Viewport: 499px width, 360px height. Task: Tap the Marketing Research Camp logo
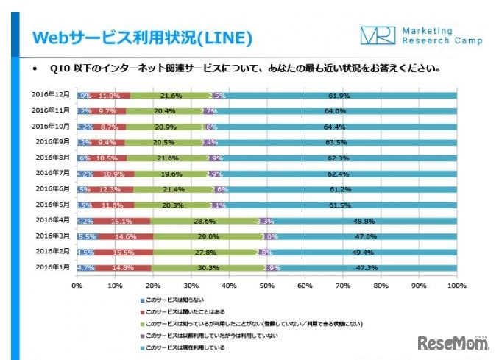tap(421, 35)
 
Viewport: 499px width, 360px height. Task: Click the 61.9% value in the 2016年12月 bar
tap(339, 96)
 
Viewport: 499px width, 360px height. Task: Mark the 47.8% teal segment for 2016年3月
tap(366, 236)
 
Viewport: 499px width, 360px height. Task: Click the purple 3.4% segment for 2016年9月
tap(209, 143)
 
